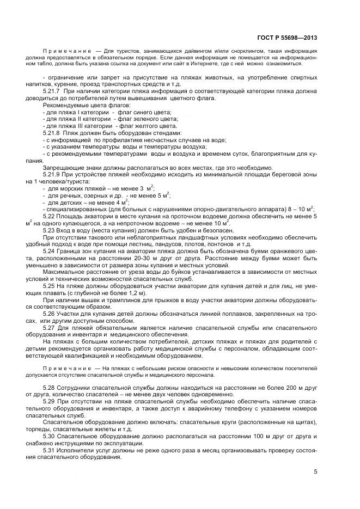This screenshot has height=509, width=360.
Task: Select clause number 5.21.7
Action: click(51, 91)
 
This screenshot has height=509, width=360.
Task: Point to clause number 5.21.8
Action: click(51, 133)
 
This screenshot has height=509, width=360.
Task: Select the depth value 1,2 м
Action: click(129, 299)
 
